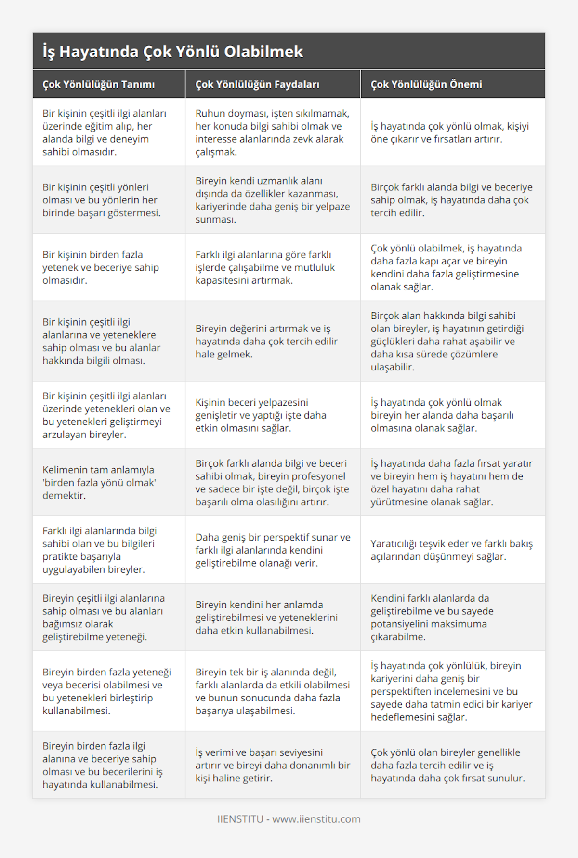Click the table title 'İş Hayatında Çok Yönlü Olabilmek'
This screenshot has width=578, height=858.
pyautogui.click(x=172, y=52)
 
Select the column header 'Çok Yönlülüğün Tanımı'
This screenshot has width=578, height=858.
pyautogui.click(x=98, y=84)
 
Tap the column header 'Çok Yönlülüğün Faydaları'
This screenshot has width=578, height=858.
pyautogui.click(x=257, y=84)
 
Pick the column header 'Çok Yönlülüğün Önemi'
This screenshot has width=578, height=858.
pyautogui.click(x=426, y=84)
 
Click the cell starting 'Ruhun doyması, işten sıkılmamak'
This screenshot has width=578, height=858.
pyautogui.click(x=272, y=132)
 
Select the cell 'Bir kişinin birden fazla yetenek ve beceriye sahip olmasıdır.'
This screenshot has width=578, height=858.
pyautogui.click(x=101, y=267)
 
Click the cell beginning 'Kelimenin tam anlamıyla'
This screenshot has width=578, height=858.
pyautogui.click(x=99, y=482)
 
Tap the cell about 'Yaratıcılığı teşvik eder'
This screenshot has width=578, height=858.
pyautogui.click(x=451, y=550)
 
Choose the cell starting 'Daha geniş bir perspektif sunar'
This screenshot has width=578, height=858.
pyautogui.click(x=273, y=550)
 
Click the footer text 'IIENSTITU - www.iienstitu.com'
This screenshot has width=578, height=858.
pyautogui.click(x=289, y=819)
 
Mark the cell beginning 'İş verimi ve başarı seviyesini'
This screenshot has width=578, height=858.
pyautogui.click(x=273, y=765)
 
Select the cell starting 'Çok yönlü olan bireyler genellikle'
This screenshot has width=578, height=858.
pyautogui.click(x=447, y=765)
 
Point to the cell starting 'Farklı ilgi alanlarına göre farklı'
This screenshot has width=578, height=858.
pyautogui.click(x=265, y=267)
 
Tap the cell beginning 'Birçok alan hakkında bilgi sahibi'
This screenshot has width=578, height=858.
pyautogui.click(x=447, y=341)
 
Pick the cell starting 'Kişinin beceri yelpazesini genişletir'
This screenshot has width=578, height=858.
pyautogui.click(x=261, y=415)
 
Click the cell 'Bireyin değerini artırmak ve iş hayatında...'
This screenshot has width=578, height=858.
pyautogui.click(x=266, y=341)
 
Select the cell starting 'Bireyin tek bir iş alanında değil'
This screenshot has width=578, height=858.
pyautogui.click(x=273, y=691)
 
